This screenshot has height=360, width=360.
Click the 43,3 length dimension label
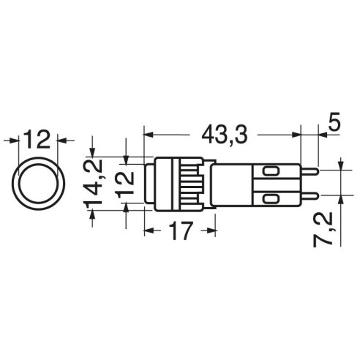click(225, 135)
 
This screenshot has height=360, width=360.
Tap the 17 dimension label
click(181, 230)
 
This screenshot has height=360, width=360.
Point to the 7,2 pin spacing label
click(323, 229)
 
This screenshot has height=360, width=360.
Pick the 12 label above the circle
click(37, 139)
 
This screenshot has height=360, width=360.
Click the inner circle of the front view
click(38, 184)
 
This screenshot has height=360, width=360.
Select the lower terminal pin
click(310, 195)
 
